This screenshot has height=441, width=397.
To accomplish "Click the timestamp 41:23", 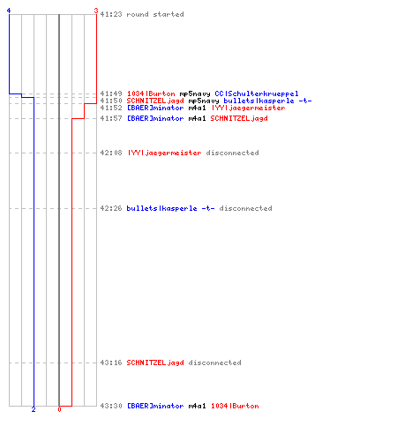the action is coord(111,14).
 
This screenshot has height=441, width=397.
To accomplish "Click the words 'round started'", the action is coord(155,14).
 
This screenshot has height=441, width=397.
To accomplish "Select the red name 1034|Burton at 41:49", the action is coord(151,93).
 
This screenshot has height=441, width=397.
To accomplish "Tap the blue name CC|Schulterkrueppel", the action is coord(257,93).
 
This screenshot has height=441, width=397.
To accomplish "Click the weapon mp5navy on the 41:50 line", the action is coord(204,101).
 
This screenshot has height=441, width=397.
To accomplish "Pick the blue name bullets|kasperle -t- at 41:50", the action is coord(267,101).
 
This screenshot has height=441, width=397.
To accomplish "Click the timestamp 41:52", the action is coord(111,108).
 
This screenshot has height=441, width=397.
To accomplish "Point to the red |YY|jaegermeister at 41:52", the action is coord(248,108).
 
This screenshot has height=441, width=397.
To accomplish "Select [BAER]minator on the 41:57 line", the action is coord(155,118).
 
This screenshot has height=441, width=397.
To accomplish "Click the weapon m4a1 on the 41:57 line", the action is coord(197,118).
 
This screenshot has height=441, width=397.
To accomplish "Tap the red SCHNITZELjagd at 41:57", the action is coord(239,118).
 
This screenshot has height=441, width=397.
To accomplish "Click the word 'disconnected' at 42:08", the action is coord(232,153).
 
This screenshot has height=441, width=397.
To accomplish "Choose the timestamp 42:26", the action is coord(111,208).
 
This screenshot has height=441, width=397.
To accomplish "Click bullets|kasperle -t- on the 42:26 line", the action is coord(170,208).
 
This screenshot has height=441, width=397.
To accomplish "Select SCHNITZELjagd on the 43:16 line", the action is coord(155,363).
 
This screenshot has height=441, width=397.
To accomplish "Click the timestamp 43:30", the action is coord(111,406).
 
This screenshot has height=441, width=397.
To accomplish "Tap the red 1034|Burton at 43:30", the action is coord(235,406).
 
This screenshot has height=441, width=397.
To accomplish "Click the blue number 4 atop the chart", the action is coord(9,11).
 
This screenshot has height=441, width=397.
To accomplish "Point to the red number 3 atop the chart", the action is coord(96,11).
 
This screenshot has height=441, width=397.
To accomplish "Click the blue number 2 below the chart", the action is coord(34,409).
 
